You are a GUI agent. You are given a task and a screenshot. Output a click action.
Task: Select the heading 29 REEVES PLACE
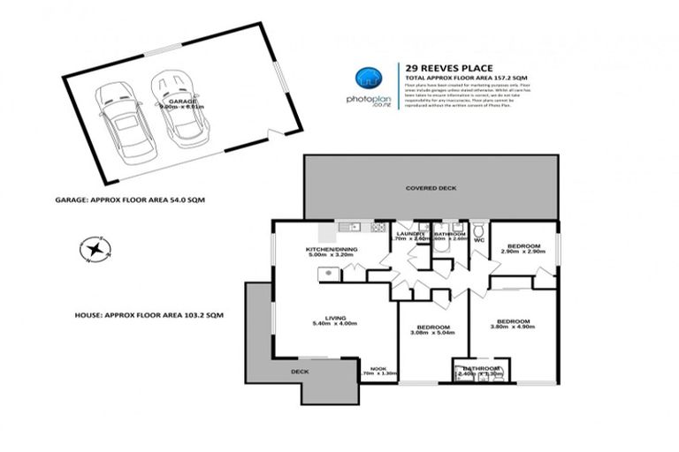[439, 67]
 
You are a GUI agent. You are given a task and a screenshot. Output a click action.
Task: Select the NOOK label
[378, 368]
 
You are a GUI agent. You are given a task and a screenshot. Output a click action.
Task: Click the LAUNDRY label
[412, 233]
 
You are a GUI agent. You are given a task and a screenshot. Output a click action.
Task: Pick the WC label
[480, 239]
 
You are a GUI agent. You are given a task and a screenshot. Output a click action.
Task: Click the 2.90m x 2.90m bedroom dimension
[523, 252]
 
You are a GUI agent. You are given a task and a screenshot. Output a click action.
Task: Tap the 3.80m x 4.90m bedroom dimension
[512, 327]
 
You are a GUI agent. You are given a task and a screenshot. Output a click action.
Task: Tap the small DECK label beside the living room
[301, 373]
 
